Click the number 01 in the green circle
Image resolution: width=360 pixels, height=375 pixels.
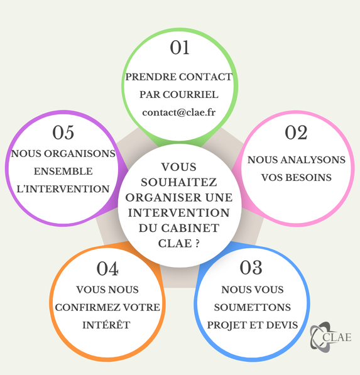(x=180, y=47)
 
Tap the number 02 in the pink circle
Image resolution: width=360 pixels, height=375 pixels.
(x=296, y=133)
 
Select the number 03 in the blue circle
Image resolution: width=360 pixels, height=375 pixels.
(x=251, y=268)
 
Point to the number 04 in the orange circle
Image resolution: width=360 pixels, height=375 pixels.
(x=107, y=269)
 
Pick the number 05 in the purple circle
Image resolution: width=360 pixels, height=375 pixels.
(x=63, y=133)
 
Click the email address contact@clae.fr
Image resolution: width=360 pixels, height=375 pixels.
(x=179, y=112)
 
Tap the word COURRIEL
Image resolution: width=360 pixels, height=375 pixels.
(x=190, y=95)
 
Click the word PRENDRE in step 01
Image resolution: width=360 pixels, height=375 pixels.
(x=151, y=77)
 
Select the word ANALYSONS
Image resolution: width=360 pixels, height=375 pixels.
(x=313, y=160)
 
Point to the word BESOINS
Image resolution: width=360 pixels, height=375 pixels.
(x=308, y=178)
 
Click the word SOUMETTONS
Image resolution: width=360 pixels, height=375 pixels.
(x=253, y=307)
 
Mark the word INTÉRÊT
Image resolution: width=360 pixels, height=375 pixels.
(x=106, y=325)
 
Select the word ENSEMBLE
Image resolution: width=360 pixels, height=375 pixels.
(x=63, y=171)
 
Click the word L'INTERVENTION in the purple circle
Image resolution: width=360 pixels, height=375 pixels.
(x=63, y=189)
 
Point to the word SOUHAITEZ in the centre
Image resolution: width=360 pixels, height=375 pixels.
(x=179, y=183)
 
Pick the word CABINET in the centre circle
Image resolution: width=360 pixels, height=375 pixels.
(x=190, y=228)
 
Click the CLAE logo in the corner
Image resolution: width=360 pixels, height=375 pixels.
(x=330, y=337)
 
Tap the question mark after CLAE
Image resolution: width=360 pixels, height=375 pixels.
(x=197, y=244)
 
